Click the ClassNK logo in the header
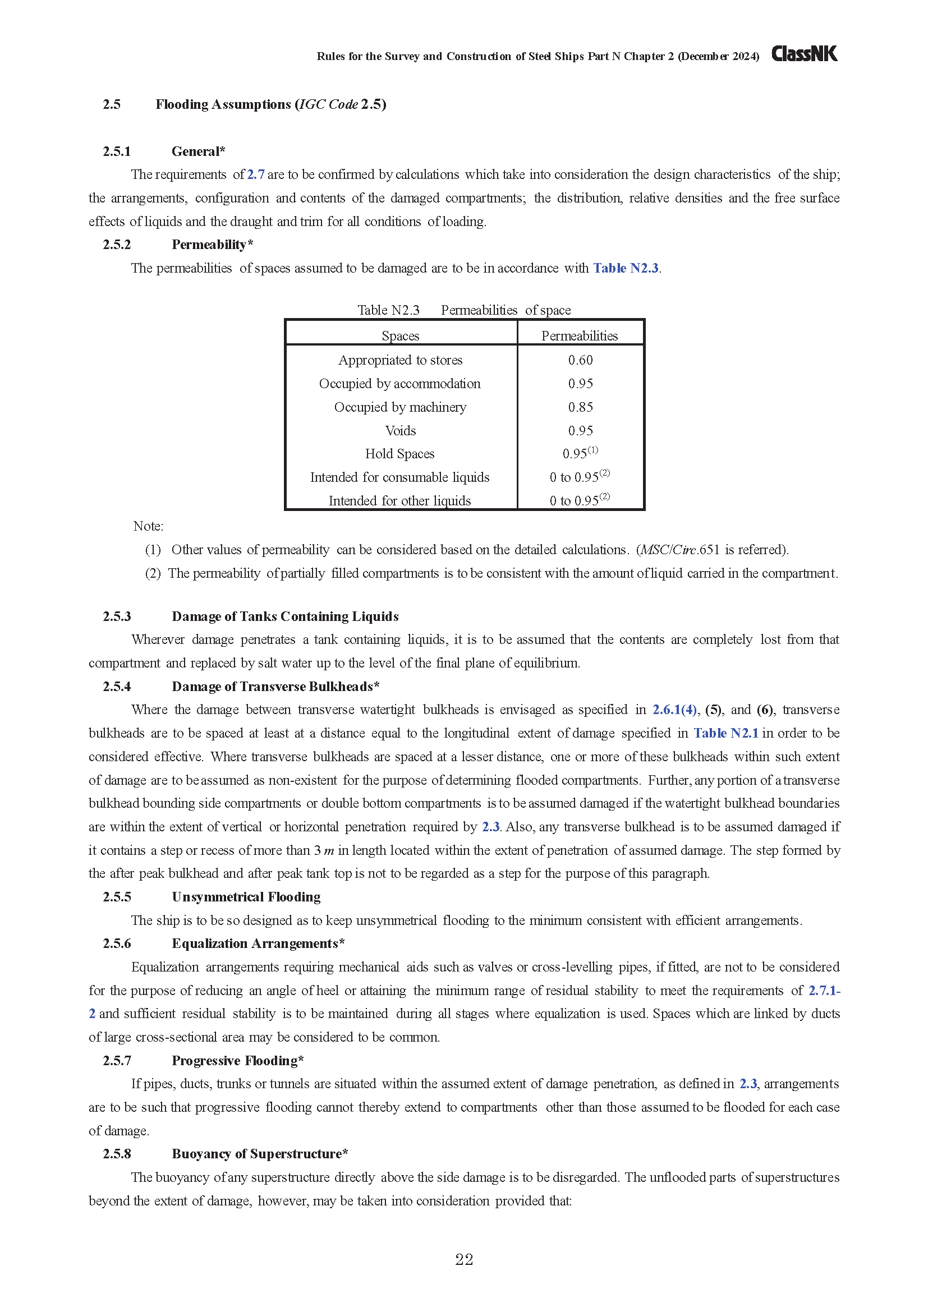tap(804, 54)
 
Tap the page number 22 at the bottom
tap(464, 1259)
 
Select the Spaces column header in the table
tap(401, 336)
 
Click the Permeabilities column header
tap(580, 336)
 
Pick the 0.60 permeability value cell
tap(580, 360)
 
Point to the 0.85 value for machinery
tap(580, 407)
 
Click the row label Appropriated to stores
tap(400, 360)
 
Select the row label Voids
tap(401, 430)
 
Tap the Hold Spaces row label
tap(400, 454)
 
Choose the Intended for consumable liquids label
tap(400, 477)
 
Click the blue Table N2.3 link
tap(626, 268)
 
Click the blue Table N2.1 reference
tap(725, 733)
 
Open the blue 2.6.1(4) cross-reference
tap(675, 710)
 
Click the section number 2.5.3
tap(117, 616)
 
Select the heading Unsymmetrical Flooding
tap(246, 896)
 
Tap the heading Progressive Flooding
tap(237, 1061)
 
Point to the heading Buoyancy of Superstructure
tap(259, 1154)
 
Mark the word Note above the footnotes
tap(148, 526)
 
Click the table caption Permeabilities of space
tap(506, 310)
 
